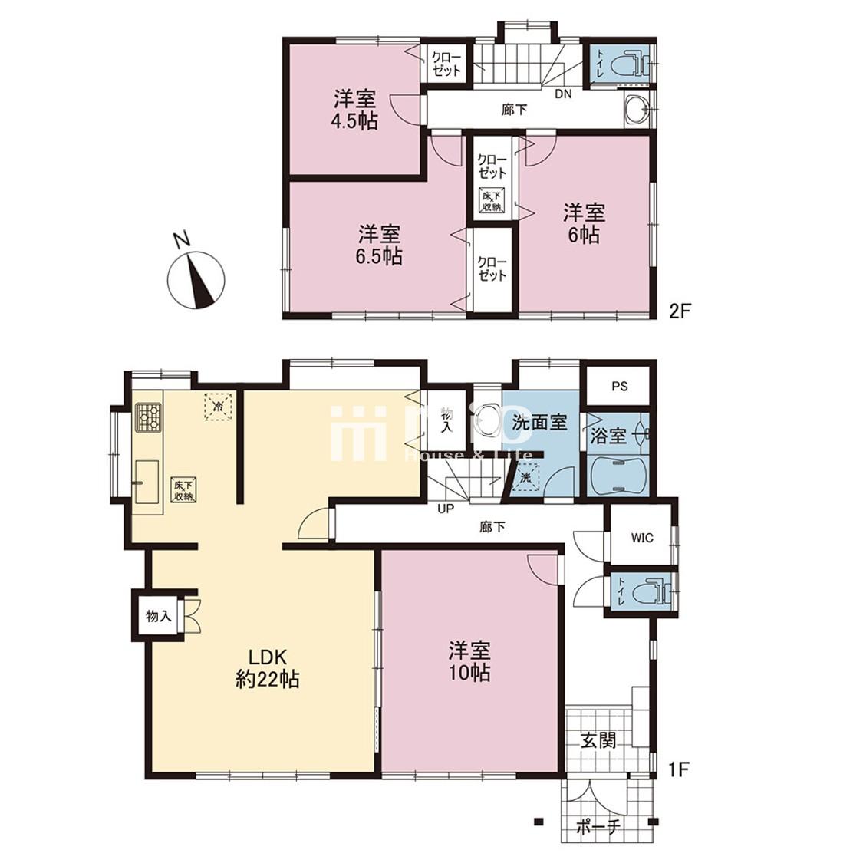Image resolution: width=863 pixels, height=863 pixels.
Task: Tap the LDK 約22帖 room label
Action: pyautogui.click(x=266, y=667)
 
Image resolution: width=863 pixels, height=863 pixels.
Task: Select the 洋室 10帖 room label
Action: pyautogui.click(x=469, y=661)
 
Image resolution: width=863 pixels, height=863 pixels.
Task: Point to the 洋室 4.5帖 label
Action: pyautogui.click(x=354, y=110)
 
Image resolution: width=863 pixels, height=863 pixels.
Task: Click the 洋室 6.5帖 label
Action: pyautogui.click(x=379, y=244)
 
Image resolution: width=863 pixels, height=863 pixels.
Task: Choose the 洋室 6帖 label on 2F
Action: pyautogui.click(x=584, y=223)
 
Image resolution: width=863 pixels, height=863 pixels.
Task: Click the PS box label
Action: pyautogui.click(x=619, y=386)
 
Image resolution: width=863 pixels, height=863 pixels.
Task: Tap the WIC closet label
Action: pyautogui.click(x=642, y=538)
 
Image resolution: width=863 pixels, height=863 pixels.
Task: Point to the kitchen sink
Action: pyautogui.click(x=146, y=483)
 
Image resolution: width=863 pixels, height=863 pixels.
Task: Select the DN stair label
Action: pyautogui.click(x=563, y=94)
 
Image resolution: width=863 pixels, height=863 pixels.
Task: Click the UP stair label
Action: pyautogui.click(x=444, y=508)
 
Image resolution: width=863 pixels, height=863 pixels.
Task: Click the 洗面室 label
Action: pyautogui.click(x=539, y=421)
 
